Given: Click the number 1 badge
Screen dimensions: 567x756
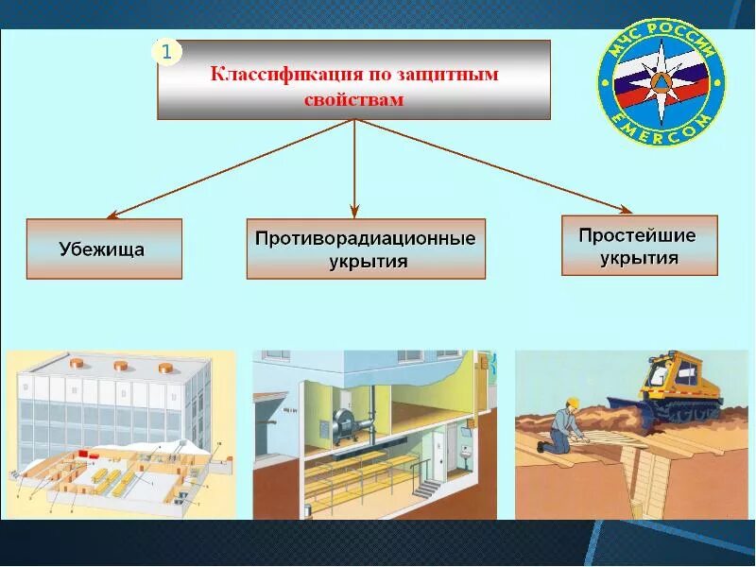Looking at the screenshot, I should coord(166,53).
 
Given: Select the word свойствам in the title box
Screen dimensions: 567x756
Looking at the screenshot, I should coord(353,98).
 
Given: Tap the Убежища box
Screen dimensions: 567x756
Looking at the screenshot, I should coord(104,249).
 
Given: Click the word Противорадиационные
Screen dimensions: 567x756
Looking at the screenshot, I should coord(365,238).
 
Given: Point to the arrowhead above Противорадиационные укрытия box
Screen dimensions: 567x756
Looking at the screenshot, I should coord(354,210).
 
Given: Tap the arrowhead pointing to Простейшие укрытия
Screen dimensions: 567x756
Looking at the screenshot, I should coord(625,209).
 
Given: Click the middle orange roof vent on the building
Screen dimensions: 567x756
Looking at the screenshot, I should coord(121,365).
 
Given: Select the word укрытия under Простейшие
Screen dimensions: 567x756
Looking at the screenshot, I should coord(639,257).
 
